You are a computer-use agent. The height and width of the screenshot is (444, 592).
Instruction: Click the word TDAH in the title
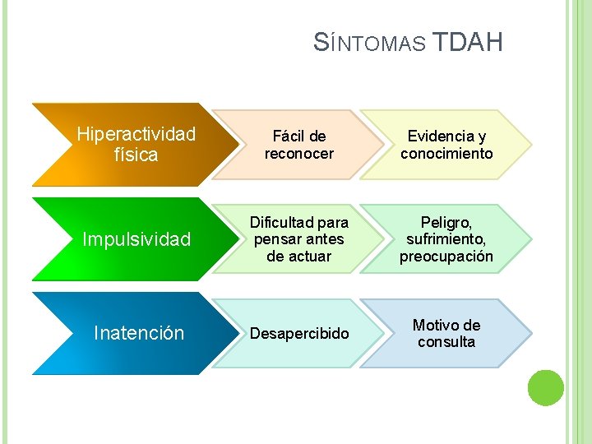(x=466, y=42)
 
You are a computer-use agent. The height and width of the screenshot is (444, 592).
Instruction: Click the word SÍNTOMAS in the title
(x=369, y=43)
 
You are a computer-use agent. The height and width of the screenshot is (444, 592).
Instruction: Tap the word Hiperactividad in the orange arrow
(x=136, y=133)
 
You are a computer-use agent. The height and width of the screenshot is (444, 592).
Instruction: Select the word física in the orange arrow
(x=136, y=154)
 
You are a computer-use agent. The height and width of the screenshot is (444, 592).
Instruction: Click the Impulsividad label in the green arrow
(x=136, y=239)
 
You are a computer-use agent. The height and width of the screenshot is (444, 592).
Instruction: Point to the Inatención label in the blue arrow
(x=139, y=333)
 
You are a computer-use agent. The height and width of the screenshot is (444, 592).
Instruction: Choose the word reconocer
(x=299, y=154)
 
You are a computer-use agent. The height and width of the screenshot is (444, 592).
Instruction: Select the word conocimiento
(x=446, y=154)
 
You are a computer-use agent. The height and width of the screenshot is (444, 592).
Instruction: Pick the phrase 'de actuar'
(x=299, y=257)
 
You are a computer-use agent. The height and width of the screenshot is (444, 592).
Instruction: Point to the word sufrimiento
(x=446, y=239)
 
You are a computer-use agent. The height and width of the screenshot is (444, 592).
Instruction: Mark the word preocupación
(x=446, y=257)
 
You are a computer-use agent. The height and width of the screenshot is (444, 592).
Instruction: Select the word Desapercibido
(x=299, y=334)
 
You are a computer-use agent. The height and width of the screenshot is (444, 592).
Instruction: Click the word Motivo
(x=437, y=326)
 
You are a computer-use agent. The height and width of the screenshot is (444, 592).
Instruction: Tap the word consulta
(x=446, y=342)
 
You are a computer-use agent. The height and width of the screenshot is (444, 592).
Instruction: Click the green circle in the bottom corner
(x=545, y=387)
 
